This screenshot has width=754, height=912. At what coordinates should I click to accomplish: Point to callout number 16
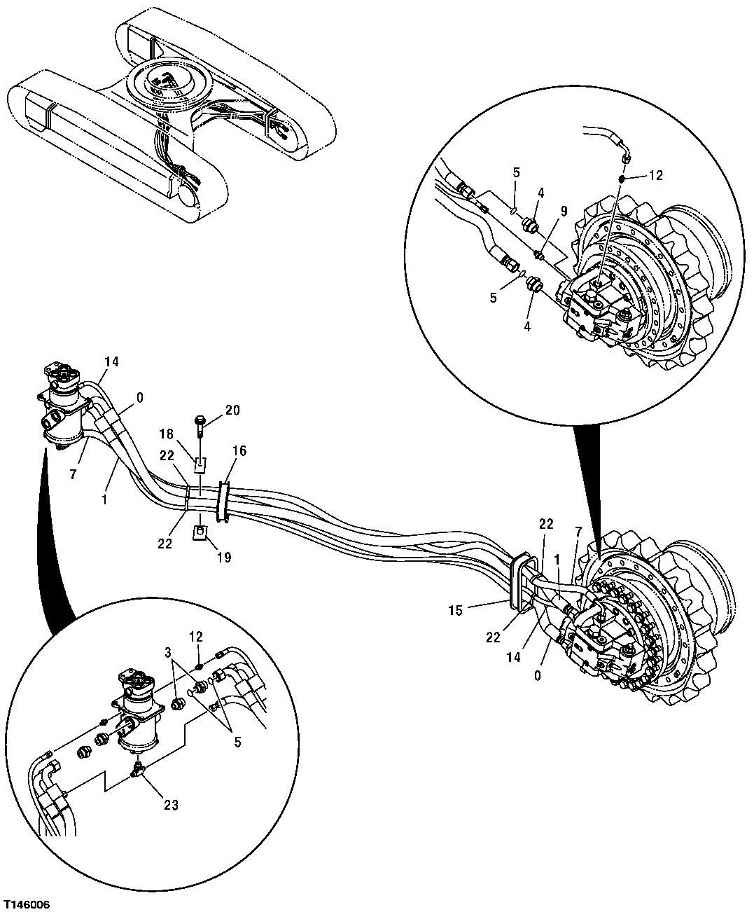pyautogui.click(x=239, y=451)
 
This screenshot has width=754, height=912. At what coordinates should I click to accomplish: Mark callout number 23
pyautogui.click(x=172, y=806)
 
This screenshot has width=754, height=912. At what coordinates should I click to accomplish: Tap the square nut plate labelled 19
pyautogui.click(x=200, y=534)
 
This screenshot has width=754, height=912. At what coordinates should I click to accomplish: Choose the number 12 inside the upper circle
pyautogui.click(x=655, y=176)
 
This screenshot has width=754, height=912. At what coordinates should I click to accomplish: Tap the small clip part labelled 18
pyautogui.click(x=200, y=462)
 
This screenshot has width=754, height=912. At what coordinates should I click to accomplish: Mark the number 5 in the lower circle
pyautogui.click(x=237, y=742)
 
